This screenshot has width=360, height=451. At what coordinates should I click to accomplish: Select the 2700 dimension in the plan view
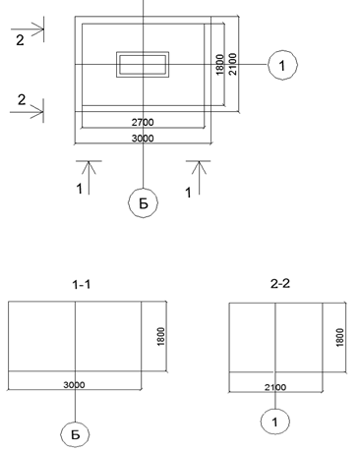click(x=143, y=122)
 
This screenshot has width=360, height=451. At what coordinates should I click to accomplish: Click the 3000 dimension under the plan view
click(x=143, y=139)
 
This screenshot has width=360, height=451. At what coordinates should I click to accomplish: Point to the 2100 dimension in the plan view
click(x=232, y=64)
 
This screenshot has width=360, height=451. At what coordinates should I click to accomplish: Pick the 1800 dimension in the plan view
click(x=220, y=65)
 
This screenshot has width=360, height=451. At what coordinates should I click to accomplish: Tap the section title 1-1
click(x=82, y=284)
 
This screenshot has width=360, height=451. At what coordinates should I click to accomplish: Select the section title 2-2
click(x=280, y=283)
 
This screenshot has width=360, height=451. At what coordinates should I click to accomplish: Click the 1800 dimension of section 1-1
click(x=160, y=336)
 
